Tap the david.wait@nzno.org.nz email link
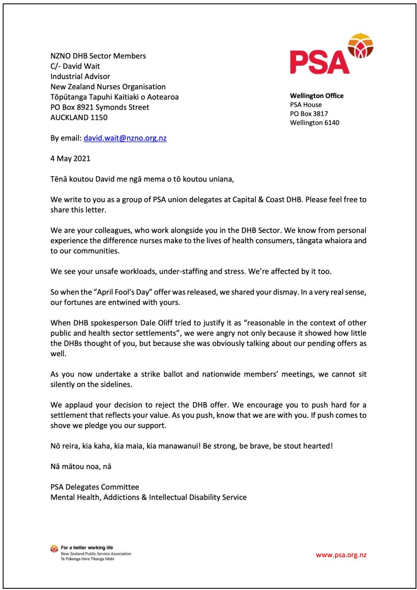(125, 138)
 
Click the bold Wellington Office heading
(316, 96)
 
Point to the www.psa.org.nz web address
(341, 555)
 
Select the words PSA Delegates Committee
(94, 487)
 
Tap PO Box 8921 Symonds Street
(100, 107)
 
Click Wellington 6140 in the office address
(314, 122)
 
